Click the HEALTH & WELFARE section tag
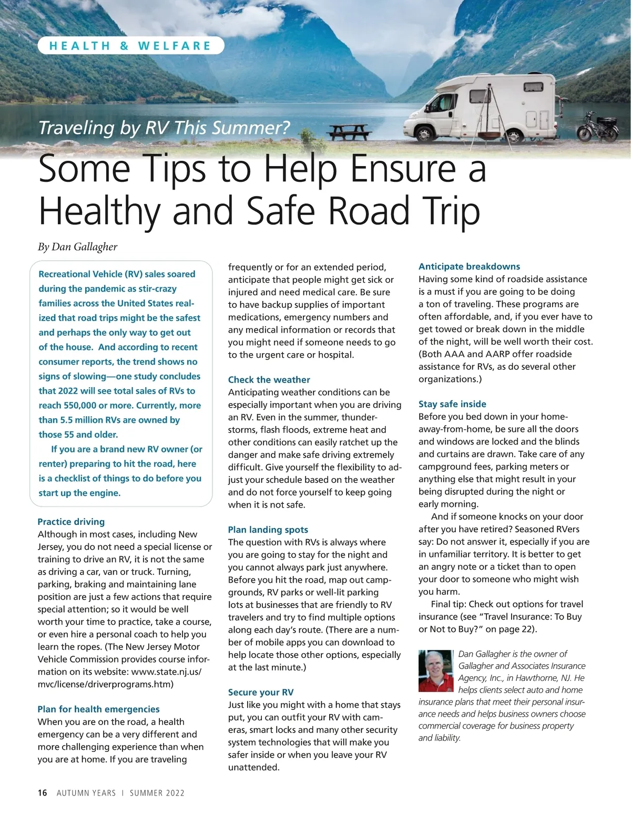130,46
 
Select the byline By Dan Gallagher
77,246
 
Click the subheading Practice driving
71,522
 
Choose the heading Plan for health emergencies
98,709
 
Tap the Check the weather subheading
269,379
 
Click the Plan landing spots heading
268,530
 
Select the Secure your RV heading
260,692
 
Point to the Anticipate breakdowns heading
469,266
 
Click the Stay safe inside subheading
452,404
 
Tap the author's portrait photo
436,670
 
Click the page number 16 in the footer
43,793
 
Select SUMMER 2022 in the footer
157,793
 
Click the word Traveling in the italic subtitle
76,128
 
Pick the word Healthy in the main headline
100,211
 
